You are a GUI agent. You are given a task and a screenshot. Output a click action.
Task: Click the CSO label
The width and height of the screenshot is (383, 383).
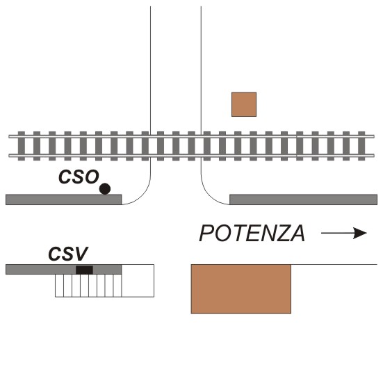coord(79,177)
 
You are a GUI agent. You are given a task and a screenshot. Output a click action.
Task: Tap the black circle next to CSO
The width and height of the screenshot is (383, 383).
coord(105,189)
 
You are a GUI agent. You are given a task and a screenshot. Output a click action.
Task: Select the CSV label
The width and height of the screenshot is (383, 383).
coord(68,254)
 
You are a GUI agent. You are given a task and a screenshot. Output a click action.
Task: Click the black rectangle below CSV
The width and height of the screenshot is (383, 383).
coord(84,270)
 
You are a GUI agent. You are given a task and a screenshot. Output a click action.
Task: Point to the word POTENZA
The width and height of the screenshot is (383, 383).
coord(252,234)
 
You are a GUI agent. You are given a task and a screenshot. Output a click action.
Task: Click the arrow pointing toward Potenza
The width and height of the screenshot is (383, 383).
coord(344,233)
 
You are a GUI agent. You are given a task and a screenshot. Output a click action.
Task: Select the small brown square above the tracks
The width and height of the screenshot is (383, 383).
coord(244,104)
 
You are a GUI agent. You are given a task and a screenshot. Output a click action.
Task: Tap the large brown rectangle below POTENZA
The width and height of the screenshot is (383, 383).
coord(241,289)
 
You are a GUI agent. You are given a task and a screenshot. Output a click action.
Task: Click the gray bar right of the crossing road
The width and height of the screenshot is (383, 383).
coord(303,199)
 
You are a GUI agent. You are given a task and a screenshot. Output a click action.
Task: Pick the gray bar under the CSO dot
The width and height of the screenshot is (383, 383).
coord(64,199)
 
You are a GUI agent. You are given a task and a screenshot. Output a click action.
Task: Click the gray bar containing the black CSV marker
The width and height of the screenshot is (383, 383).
coord(64,270)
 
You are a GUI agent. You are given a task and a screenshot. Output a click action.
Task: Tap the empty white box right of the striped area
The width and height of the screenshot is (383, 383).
coord(138,281)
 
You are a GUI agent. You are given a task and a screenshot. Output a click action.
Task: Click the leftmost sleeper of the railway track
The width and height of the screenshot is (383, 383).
coord(22,146)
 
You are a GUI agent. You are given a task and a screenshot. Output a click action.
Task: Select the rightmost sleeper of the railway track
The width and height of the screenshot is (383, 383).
coord(361,146)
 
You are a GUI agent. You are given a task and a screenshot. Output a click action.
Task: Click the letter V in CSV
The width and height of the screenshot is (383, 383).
coord(81,254)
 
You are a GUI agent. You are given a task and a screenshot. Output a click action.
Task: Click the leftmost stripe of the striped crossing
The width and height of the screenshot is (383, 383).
coord(59,286)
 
